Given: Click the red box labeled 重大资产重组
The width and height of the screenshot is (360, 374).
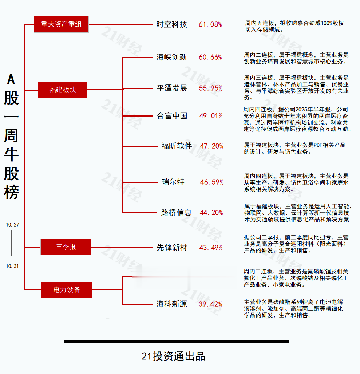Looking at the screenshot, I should click(x=61, y=24).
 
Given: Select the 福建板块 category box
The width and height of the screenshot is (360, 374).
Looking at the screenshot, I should click(x=63, y=89).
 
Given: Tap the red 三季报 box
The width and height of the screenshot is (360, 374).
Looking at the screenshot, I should click(x=66, y=247).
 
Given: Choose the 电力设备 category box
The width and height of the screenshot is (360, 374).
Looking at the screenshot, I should click(x=66, y=290).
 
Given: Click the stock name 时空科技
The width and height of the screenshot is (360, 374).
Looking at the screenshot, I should click(x=171, y=24).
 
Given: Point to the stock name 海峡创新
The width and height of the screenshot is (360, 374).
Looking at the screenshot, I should click(x=171, y=57).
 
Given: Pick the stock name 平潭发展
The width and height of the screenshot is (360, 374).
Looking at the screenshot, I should click(x=172, y=88).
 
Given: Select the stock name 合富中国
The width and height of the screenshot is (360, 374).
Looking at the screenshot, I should click(x=172, y=116).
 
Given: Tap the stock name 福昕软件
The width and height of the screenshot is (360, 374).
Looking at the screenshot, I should click(x=177, y=146).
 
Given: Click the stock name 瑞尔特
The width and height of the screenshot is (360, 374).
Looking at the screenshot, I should click(x=173, y=182).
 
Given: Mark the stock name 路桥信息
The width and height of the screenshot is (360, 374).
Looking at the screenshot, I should click(x=176, y=213).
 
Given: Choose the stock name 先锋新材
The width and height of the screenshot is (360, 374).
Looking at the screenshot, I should click(x=172, y=248).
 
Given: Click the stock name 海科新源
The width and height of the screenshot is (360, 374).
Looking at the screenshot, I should click(x=172, y=304).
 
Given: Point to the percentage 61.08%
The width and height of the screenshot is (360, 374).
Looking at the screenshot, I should click(x=210, y=24).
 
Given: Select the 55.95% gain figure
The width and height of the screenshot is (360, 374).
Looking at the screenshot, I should click(x=211, y=88).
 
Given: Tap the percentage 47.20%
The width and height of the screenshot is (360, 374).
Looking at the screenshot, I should click(x=212, y=146).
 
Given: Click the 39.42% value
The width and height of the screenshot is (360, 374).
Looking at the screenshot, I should click(x=210, y=304).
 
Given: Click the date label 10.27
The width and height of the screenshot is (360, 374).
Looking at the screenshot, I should click(x=12, y=225).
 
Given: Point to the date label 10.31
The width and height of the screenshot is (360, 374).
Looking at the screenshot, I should click(x=12, y=266).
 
